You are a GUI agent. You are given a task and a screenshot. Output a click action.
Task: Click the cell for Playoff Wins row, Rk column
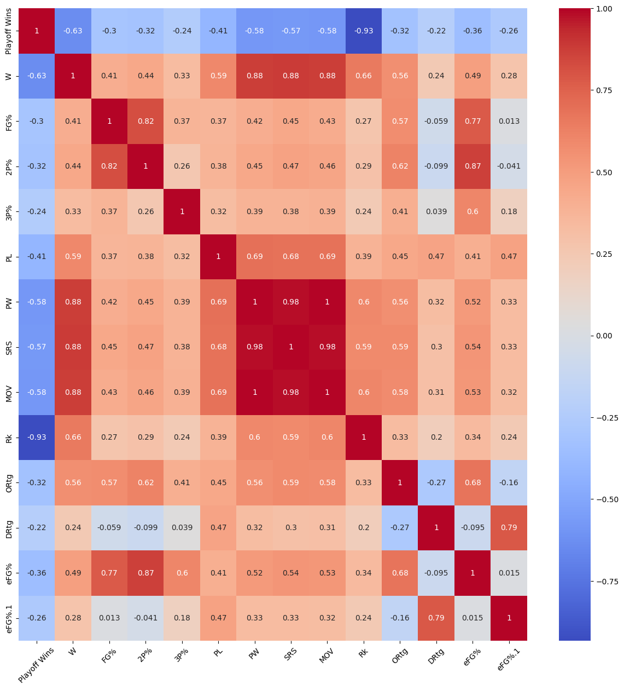coord(364,31)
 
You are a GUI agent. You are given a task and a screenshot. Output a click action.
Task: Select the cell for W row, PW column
coord(254,76)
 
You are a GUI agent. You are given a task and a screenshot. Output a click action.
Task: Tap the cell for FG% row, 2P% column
coord(145,121)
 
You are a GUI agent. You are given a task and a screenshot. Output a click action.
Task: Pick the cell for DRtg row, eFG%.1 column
coord(509,527)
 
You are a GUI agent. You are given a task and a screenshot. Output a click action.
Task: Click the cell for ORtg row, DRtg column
coord(436,482)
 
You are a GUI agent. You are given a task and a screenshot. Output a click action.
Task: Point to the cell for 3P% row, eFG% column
coord(473,211)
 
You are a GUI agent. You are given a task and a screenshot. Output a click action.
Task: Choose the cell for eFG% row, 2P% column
coord(145,573)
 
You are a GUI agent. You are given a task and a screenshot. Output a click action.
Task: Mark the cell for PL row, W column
coord(73,256)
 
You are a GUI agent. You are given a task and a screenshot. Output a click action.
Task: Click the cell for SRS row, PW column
coord(254,347)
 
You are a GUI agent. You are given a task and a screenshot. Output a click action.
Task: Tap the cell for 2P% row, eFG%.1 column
coord(509,166)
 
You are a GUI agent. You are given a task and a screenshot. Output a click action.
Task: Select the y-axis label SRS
coord(8,347)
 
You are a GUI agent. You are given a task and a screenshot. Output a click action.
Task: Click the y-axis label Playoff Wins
coord(8,31)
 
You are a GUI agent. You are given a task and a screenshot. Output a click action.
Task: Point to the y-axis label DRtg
coord(8,527)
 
